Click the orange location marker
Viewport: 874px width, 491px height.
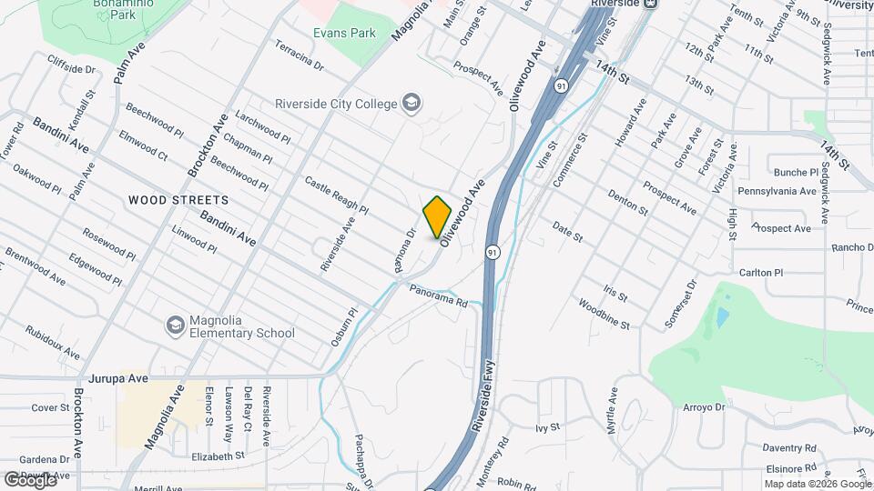(x=438, y=216)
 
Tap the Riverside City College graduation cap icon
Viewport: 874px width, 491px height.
(x=412, y=103)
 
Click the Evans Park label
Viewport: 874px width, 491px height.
(x=344, y=34)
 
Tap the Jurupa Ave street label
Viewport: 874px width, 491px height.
(x=118, y=377)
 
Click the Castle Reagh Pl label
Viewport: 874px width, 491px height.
(x=336, y=195)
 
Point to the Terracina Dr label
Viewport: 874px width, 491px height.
(x=299, y=56)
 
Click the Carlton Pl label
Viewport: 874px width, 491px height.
(x=761, y=273)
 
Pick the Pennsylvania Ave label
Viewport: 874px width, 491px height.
(x=777, y=192)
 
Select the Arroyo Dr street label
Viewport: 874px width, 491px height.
(x=704, y=407)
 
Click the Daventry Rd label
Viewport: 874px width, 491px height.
(x=789, y=448)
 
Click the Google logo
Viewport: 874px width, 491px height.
(x=29, y=479)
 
